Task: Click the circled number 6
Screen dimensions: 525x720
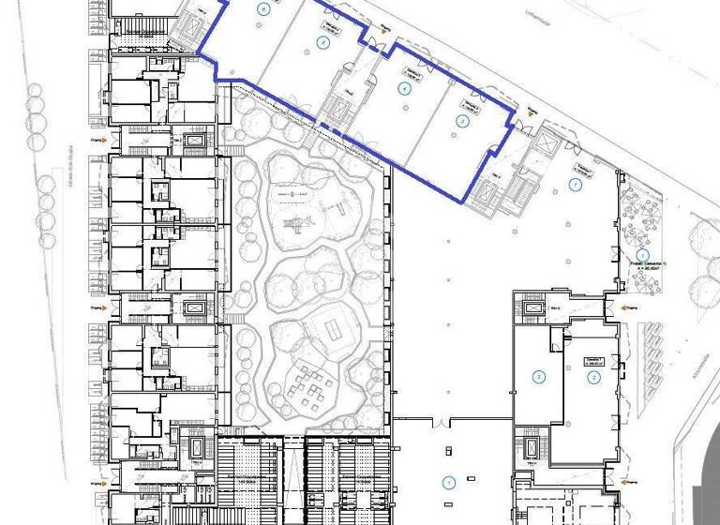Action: (263, 8)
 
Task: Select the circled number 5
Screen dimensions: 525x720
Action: (323, 43)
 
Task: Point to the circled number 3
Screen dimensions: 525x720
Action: (461, 120)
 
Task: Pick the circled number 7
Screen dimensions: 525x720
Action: (576, 185)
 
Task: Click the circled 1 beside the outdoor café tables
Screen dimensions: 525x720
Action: (643, 254)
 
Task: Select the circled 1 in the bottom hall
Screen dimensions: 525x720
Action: (448, 483)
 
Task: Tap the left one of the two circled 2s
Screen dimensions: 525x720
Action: (539, 377)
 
